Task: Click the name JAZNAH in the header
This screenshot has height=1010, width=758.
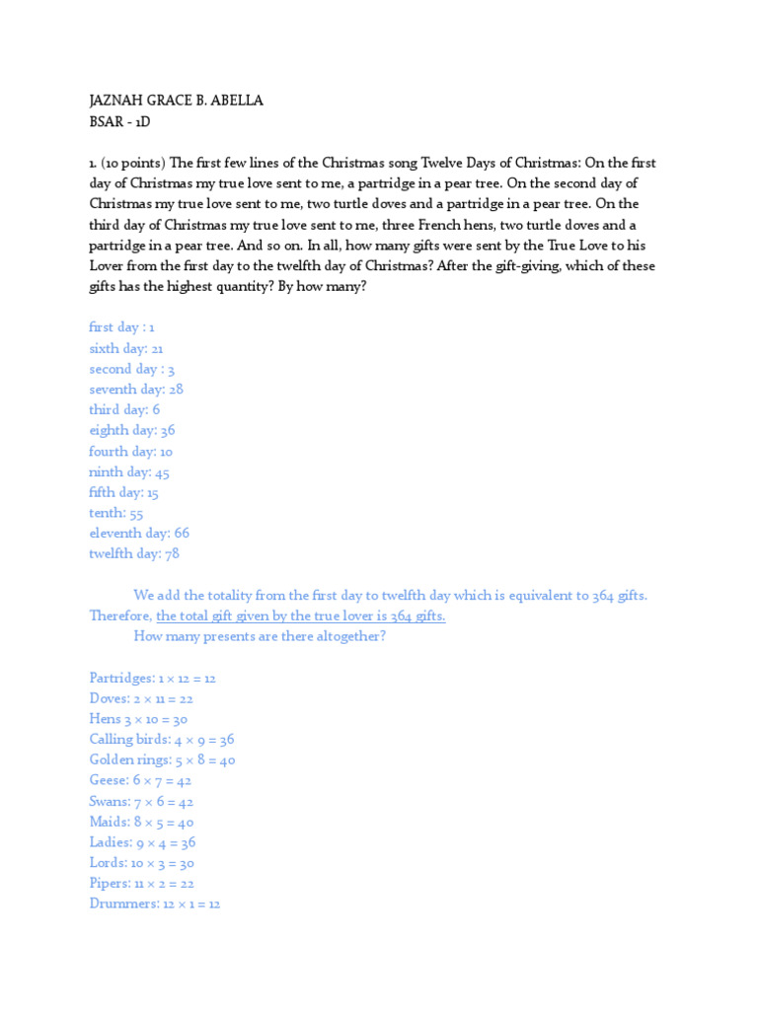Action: tap(116, 102)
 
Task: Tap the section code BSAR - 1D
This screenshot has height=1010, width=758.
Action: tap(119, 121)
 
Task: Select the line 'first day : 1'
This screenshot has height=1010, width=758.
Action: tap(122, 327)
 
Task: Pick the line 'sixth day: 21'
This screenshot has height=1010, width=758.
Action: tap(126, 348)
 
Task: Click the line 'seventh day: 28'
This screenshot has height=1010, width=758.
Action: tap(136, 390)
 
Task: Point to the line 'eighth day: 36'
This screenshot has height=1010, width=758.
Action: tap(132, 430)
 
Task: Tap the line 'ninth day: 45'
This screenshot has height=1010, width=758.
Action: tap(129, 471)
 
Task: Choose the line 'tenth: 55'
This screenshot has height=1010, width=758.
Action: tap(116, 513)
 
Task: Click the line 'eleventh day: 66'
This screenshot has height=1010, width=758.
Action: tap(139, 534)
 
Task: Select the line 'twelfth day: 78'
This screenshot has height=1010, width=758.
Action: tap(134, 554)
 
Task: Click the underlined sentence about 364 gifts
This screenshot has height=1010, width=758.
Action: tap(301, 616)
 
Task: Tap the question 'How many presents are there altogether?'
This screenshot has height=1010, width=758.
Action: tap(260, 637)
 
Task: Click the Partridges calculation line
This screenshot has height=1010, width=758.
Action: tap(153, 679)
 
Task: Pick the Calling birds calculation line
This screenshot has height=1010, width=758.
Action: tap(162, 740)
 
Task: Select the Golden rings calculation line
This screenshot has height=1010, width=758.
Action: tap(162, 760)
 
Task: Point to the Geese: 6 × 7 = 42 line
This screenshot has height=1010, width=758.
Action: tap(140, 781)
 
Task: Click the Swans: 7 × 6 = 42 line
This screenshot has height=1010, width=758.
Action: tap(141, 802)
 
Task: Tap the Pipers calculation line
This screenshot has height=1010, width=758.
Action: tap(141, 884)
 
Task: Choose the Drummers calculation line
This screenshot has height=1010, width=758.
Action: tap(155, 904)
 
